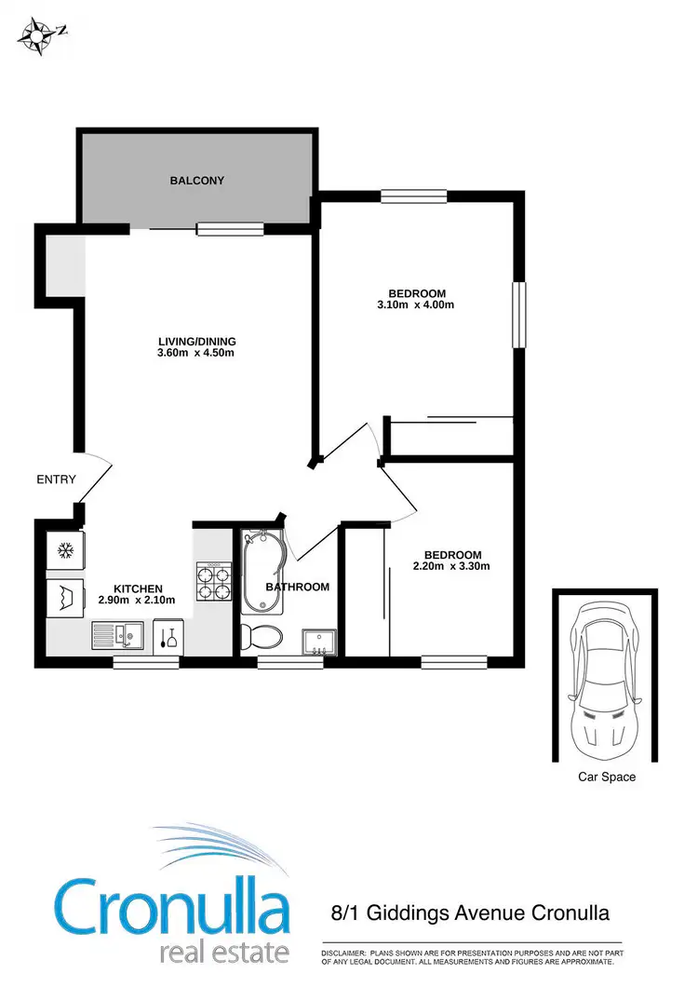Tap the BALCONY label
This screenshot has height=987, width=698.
pos(196,181)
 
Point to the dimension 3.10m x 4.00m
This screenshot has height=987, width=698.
pos(416,304)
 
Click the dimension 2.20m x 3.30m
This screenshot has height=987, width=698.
pos(451,566)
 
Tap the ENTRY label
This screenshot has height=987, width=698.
pos(56,480)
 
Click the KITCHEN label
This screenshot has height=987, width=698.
pos(139,588)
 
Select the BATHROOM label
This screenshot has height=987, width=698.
pos(298,587)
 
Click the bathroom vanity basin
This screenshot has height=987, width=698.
pos(318,642)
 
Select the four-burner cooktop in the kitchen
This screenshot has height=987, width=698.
pos(212,584)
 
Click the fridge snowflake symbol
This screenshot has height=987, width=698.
pos(66,550)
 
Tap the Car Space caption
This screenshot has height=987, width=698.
pos(606,777)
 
